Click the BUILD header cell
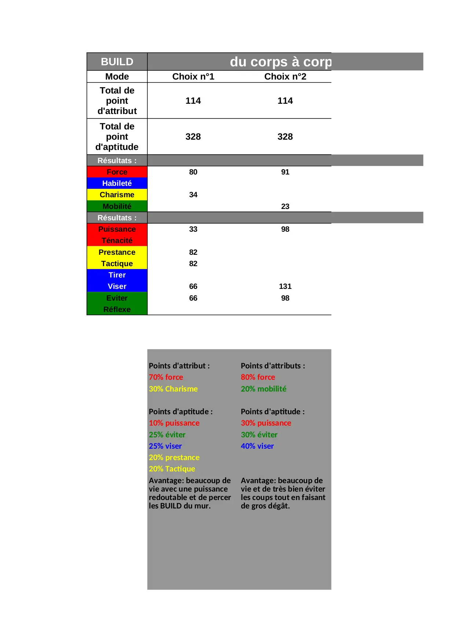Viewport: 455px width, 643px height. pyautogui.click(x=117, y=62)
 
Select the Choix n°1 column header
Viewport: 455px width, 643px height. pyautogui.click(x=193, y=77)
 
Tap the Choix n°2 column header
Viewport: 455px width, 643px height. pyautogui.click(x=285, y=77)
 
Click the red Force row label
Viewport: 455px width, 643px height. pyautogui.click(x=117, y=172)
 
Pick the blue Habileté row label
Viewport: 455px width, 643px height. pyautogui.click(x=117, y=183)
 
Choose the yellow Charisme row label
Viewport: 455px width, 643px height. pyautogui.click(x=117, y=195)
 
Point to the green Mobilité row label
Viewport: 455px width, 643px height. pyautogui.click(x=117, y=206)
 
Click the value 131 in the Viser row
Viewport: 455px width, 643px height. pyautogui.click(x=285, y=286)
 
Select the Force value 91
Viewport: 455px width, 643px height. pyautogui.click(x=285, y=172)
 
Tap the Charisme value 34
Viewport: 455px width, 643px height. pyautogui.click(x=193, y=195)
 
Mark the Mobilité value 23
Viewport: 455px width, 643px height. pyautogui.click(x=285, y=206)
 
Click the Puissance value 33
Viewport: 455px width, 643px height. pyautogui.click(x=193, y=229)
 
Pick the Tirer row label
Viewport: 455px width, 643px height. pyautogui.click(x=117, y=275)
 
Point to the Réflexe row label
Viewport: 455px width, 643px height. pyautogui.click(x=117, y=309)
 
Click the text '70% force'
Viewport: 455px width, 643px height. pyautogui.click(x=166, y=377)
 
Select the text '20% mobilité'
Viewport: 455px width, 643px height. pyautogui.click(x=263, y=389)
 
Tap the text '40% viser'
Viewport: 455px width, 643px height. pyautogui.click(x=257, y=446)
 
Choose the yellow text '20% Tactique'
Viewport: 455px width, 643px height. pyautogui.click(x=172, y=469)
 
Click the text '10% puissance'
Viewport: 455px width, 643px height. pyautogui.click(x=174, y=423)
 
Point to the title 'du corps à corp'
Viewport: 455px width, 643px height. pyautogui.click(x=280, y=62)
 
